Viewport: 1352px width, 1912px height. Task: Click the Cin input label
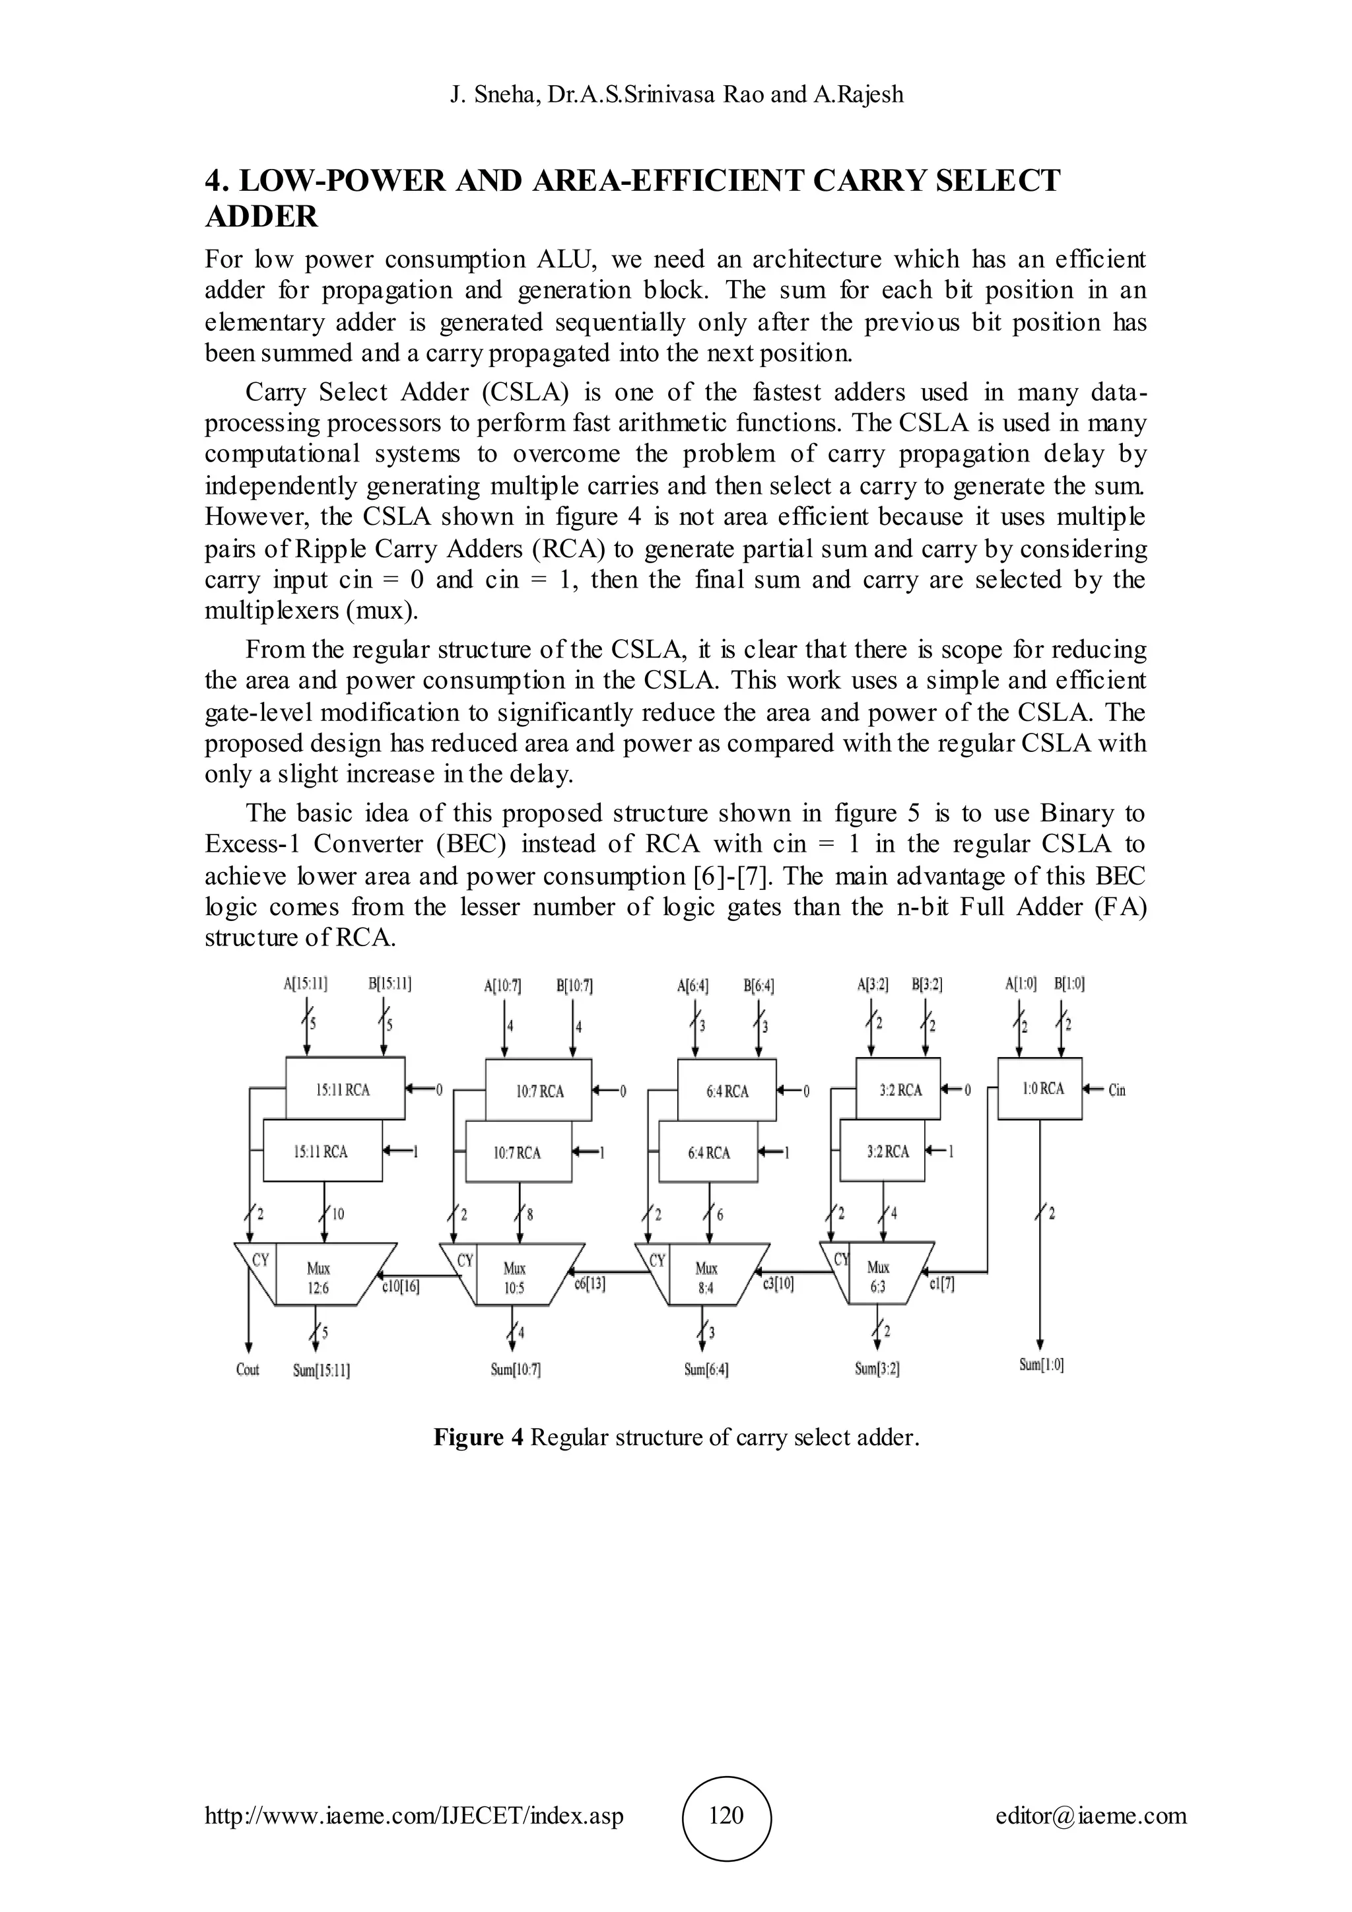point(1116,1090)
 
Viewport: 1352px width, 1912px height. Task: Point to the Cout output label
point(248,1369)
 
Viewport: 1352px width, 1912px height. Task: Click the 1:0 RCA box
point(1040,1089)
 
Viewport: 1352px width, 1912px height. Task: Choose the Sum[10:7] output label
point(516,1369)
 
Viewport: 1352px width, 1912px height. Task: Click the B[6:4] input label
point(759,986)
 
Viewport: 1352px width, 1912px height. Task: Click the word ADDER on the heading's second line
point(261,217)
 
